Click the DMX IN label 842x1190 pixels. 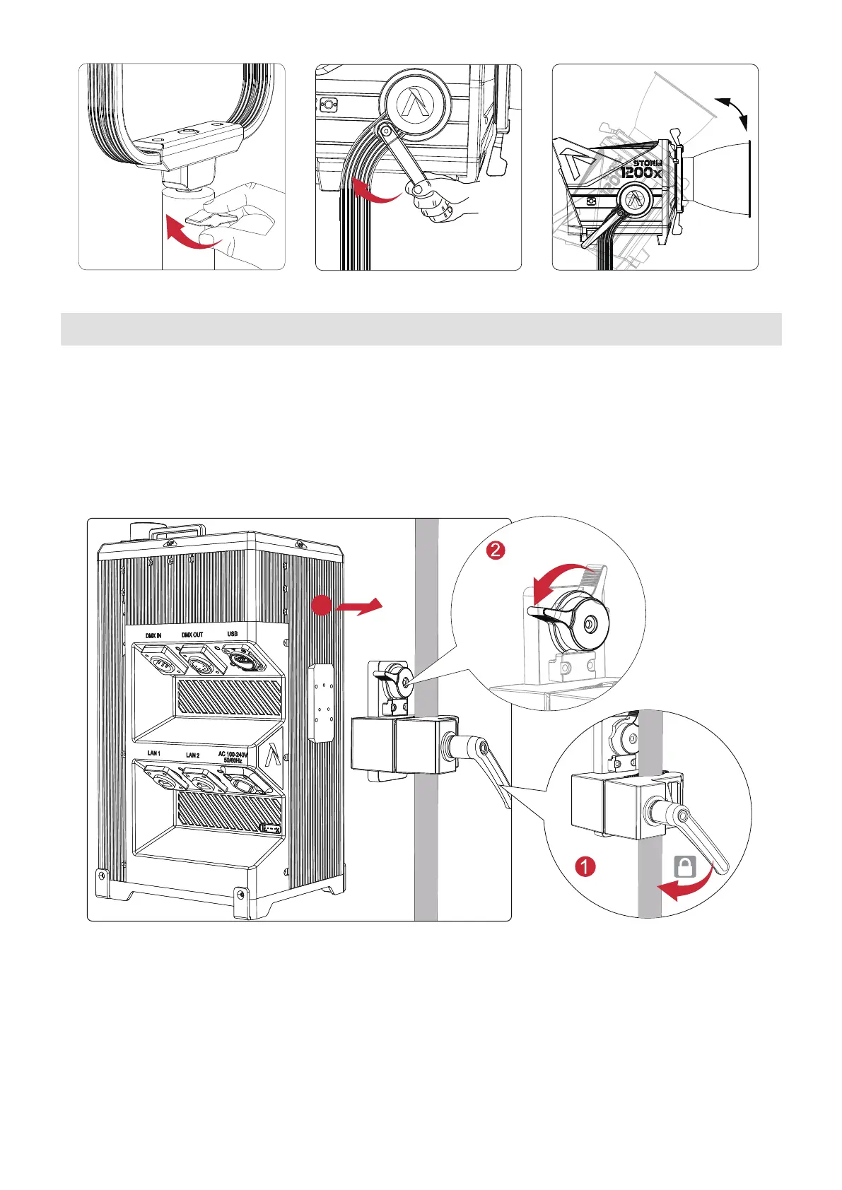[x=153, y=635]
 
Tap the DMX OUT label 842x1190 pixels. [x=192, y=635]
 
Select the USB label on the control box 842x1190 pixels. [x=232, y=633]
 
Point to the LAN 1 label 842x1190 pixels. [x=153, y=753]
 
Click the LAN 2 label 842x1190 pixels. [x=192, y=755]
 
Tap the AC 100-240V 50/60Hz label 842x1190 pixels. [x=233, y=758]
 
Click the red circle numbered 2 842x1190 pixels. [x=496, y=549]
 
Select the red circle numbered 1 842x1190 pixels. [x=585, y=866]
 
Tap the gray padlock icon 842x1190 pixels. [x=685, y=866]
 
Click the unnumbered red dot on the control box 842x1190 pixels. [x=322, y=606]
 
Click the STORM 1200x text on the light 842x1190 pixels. [x=642, y=168]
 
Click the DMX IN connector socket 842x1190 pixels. [x=157, y=662]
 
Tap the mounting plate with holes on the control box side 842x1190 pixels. [x=321, y=702]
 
